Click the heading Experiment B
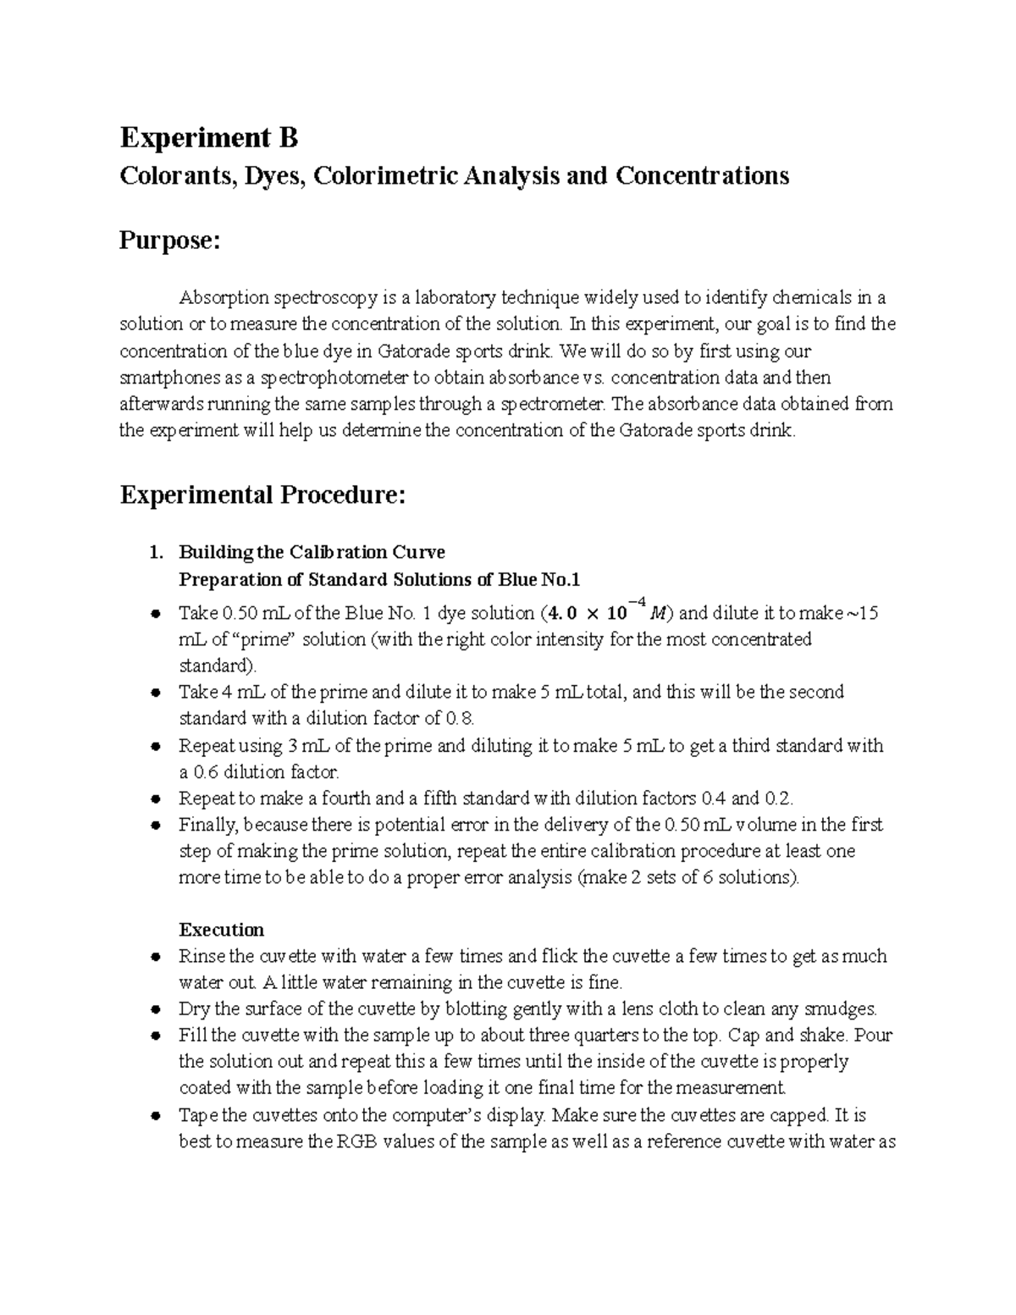[x=209, y=137]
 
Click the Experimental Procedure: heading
[x=262, y=495]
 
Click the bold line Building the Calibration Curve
[x=312, y=553]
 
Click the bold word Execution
[x=221, y=930]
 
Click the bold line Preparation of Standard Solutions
[x=379, y=580]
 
